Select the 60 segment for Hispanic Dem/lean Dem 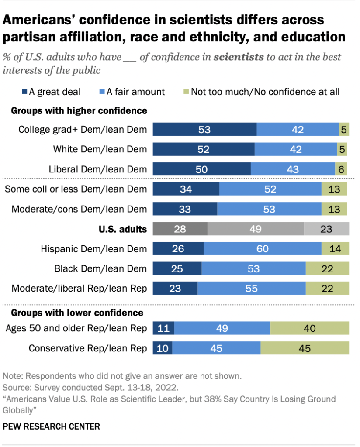click(263, 249)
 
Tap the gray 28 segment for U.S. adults click(180, 229)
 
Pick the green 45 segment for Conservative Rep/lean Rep click(305, 348)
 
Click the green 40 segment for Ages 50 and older click(310, 328)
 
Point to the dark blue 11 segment click(163, 328)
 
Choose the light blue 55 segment click(252, 289)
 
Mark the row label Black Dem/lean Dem click(100, 268)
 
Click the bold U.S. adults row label click(122, 229)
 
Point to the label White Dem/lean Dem click(100, 149)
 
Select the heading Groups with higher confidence click(79, 111)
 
